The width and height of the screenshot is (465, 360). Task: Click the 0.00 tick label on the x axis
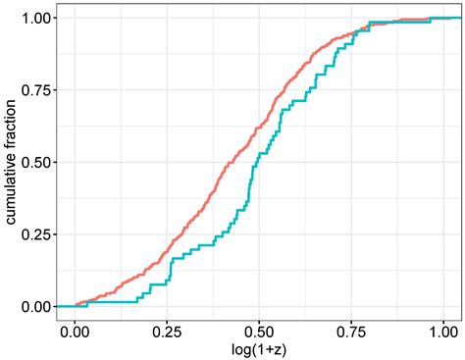coord(75,331)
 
